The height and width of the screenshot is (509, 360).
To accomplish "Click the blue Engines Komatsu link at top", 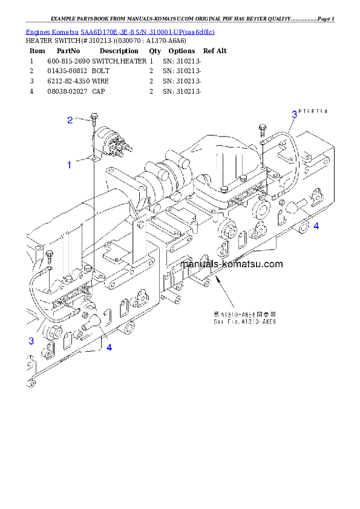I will tap(120, 31).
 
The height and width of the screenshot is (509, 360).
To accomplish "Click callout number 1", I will tap(70, 164).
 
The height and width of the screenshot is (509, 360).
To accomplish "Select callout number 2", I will tap(70, 120).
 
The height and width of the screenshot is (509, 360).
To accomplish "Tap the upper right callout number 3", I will tap(295, 114).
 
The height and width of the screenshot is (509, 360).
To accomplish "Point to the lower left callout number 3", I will tap(31, 342).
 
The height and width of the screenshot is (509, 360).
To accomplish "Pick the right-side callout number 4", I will tap(316, 226).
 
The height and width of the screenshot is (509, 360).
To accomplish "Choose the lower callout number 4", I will tap(109, 347).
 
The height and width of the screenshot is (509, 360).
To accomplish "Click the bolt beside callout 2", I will tap(92, 117).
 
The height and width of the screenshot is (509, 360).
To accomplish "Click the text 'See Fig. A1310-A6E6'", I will tap(244, 322).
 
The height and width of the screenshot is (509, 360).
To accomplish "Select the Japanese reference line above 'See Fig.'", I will tap(244, 314).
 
